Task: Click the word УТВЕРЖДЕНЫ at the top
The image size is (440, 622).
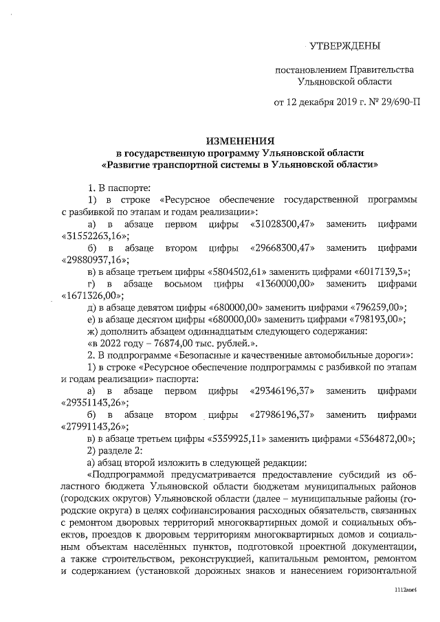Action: click(x=344, y=46)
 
